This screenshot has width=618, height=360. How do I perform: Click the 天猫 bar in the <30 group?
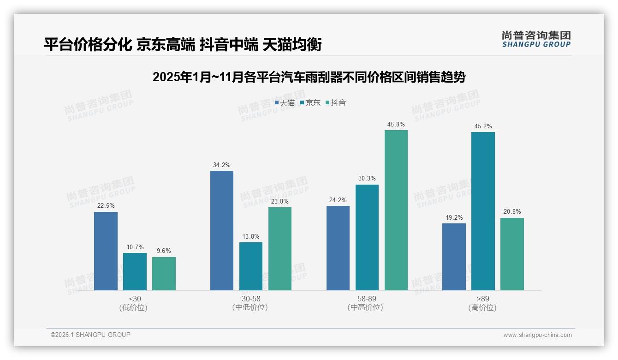[x=106, y=251]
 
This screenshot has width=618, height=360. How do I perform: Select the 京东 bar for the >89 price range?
[x=483, y=211]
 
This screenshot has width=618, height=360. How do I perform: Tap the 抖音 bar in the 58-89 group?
[x=396, y=210]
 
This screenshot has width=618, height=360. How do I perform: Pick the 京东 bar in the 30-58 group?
[x=251, y=266]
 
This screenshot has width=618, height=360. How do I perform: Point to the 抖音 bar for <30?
[x=164, y=274]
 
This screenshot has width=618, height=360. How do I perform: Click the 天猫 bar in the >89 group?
[x=454, y=257]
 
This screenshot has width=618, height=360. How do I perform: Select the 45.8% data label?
[x=396, y=124]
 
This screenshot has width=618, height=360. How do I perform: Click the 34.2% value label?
[x=222, y=165]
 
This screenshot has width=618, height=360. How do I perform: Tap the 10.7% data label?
[x=135, y=247]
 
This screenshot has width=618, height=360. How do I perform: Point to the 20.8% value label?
[x=512, y=212]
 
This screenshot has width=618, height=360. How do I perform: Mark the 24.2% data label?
[x=338, y=200]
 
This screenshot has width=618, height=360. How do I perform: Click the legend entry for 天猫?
[x=285, y=102]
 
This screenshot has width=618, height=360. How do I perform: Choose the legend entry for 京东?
[x=310, y=102]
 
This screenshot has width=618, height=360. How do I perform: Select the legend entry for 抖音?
[x=336, y=102]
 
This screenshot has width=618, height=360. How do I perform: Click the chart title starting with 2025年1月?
[x=309, y=77]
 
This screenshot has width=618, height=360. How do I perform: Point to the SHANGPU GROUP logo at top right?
[x=536, y=39]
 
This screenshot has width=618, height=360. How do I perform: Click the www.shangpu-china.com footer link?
[x=537, y=335]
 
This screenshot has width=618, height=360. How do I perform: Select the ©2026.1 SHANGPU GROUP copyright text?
[x=90, y=335]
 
